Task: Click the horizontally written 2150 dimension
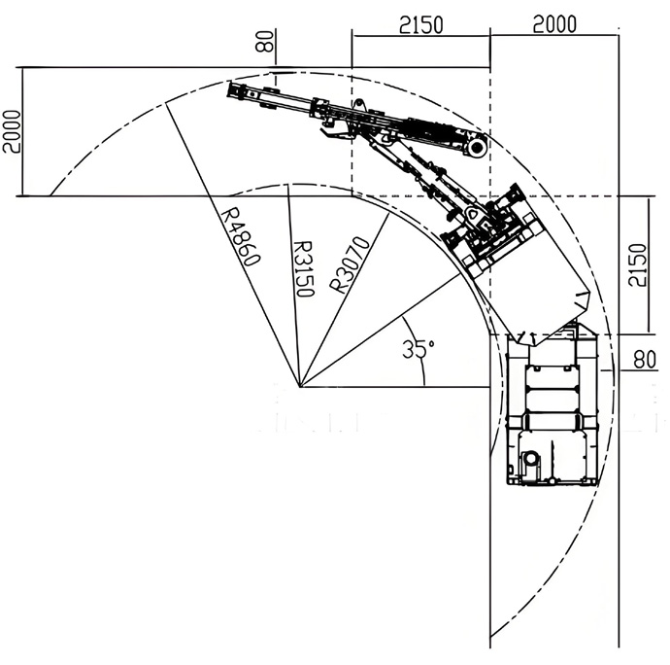pyautogui.click(x=420, y=24)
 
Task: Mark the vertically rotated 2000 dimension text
pyautogui.click(x=11, y=130)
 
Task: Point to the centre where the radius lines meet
pyautogui.click(x=302, y=387)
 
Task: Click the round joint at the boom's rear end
pyautogui.click(x=477, y=147)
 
